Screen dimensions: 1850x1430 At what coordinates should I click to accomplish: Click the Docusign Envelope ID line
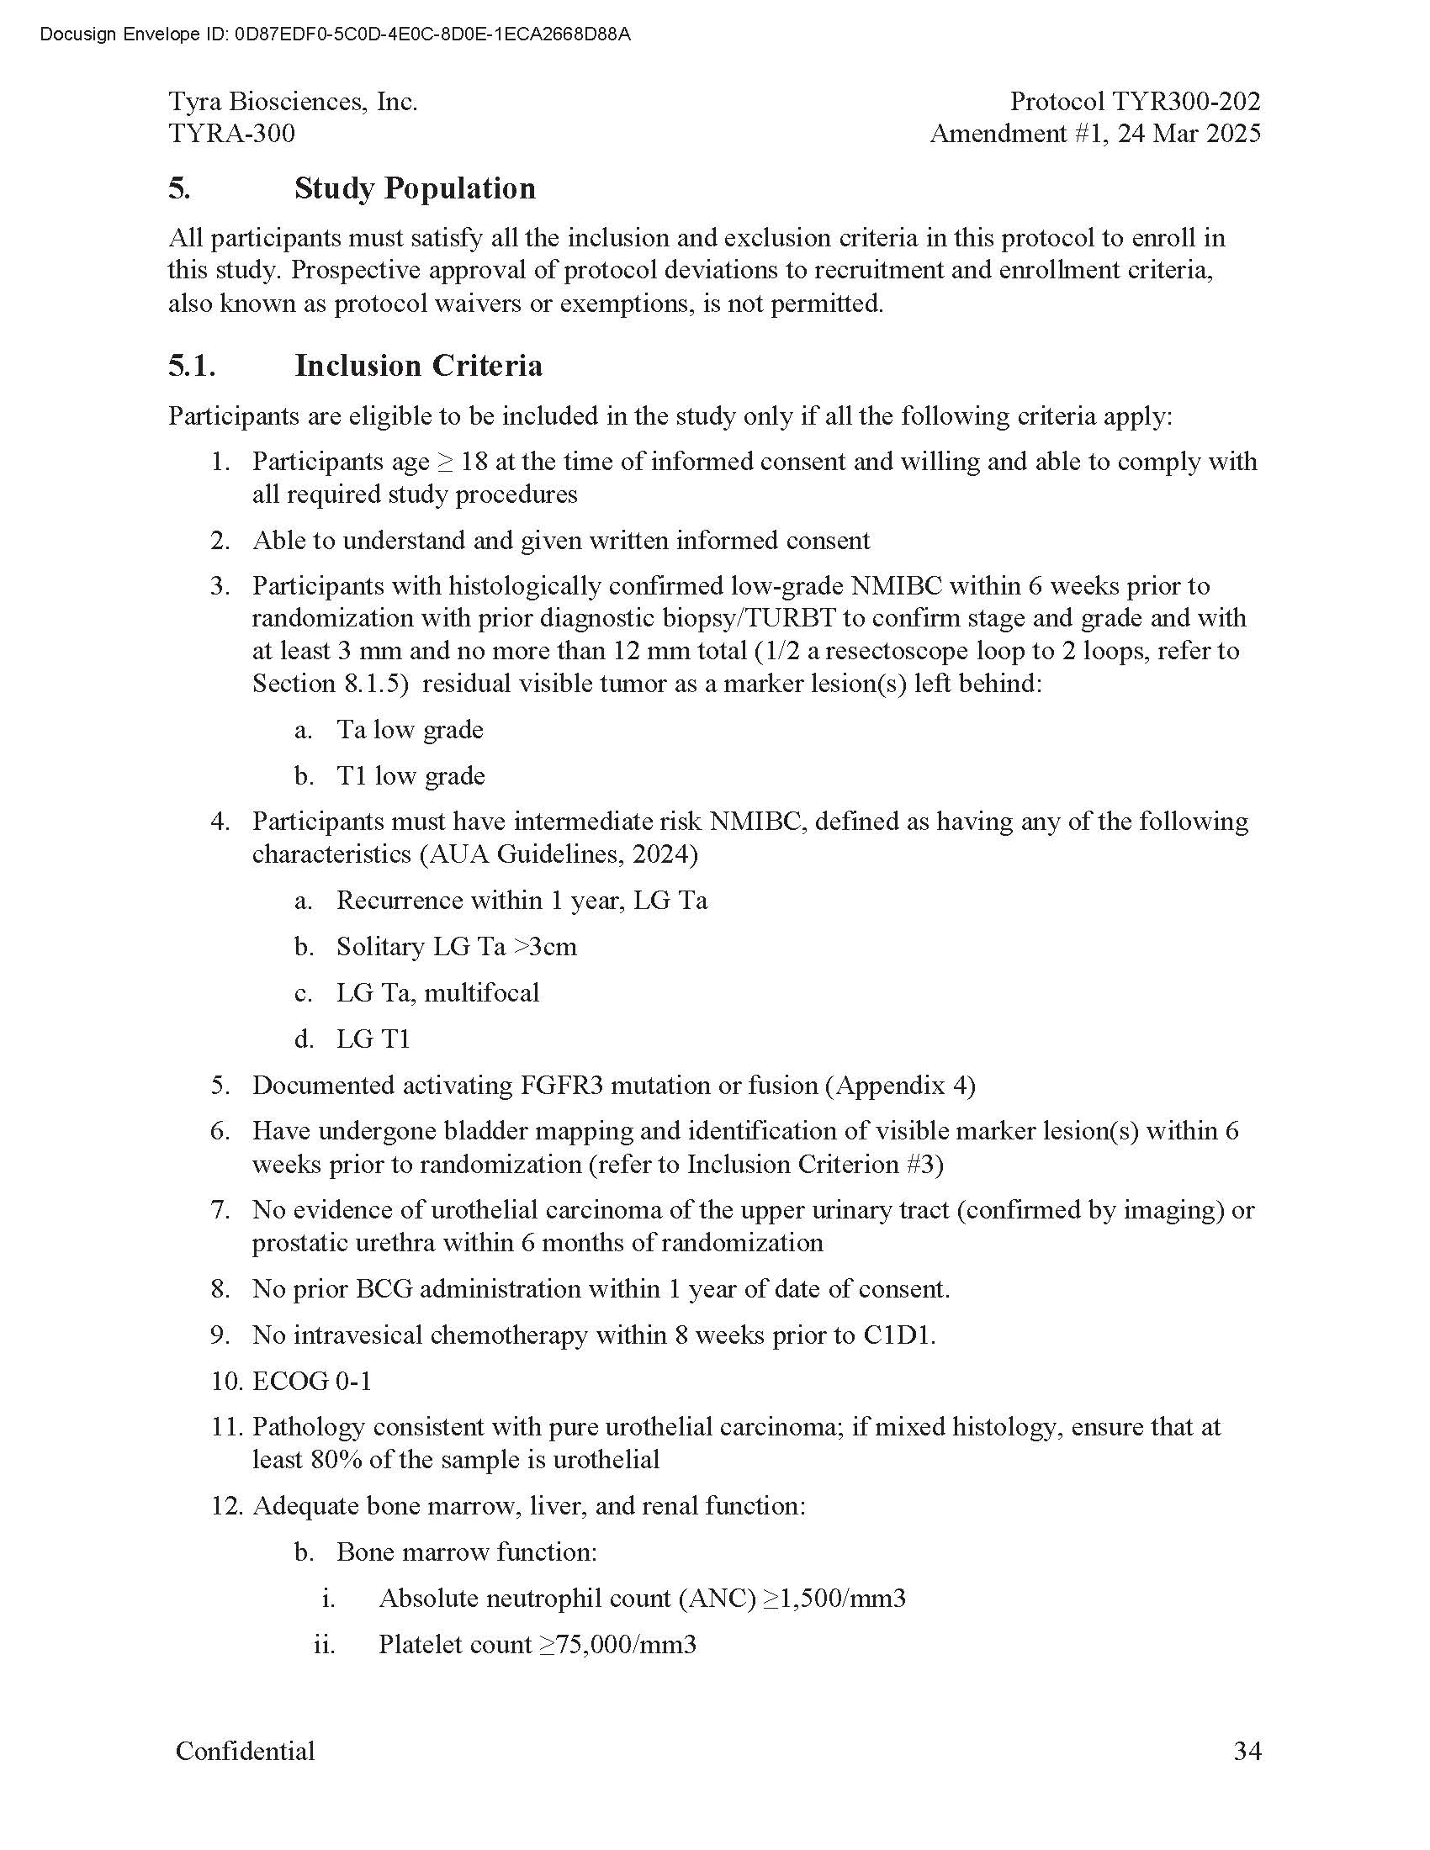coord(335,34)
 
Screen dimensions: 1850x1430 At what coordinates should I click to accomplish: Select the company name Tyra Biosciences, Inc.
coord(292,102)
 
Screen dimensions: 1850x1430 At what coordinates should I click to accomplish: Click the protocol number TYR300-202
coord(1185,102)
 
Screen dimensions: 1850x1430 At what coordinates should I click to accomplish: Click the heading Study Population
coord(414,188)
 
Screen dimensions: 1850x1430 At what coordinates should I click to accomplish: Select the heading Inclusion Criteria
coord(418,366)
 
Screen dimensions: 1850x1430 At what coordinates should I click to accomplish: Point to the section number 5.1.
coord(192,366)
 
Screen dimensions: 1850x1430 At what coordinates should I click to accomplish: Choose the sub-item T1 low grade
coord(410,776)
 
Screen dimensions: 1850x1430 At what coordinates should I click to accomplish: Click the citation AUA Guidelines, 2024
coord(559,854)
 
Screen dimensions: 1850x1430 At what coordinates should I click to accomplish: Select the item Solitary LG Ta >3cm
coord(456,946)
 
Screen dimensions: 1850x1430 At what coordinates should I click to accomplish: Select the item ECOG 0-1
coord(312,1382)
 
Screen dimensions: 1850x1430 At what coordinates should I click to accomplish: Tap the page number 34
coord(1247,1751)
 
